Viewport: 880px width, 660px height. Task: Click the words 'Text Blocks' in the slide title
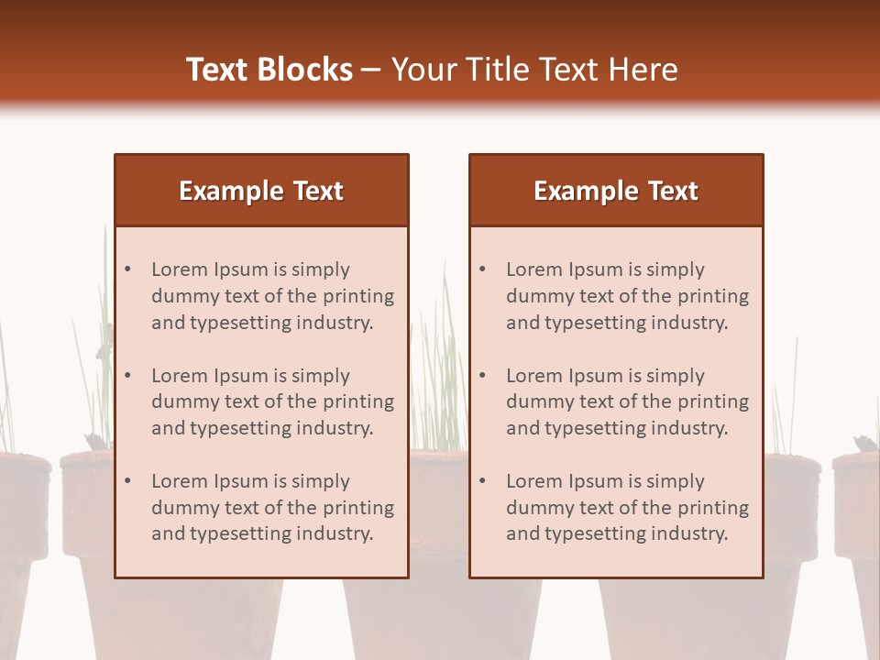pyautogui.click(x=269, y=70)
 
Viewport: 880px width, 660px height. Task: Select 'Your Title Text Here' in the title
pyautogui.click(x=534, y=70)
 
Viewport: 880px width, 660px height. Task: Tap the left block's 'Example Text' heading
pyautogui.click(x=261, y=191)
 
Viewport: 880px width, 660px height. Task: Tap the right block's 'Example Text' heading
pyautogui.click(x=616, y=191)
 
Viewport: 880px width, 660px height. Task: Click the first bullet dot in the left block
pyautogui.click(x=128, y=269)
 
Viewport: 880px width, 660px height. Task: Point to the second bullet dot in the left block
pyautogui.click(x=128, y=376)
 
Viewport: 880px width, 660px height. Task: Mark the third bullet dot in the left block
pyautogui.click(x=128, y=481)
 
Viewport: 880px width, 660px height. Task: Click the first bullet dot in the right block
pyautogui.click(x=483, y=269)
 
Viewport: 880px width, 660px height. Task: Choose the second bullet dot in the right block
pyautogui.click(x=483, y=376)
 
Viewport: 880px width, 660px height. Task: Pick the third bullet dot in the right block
pyautogui.click(x=483, y=481)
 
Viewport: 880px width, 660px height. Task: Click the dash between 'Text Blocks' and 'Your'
pyautogui.click(x=371, y=71)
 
